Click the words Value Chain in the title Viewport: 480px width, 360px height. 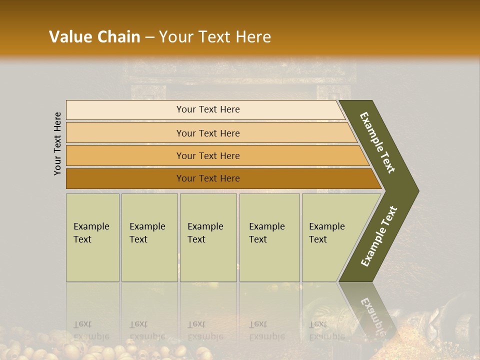(x=94, y=37)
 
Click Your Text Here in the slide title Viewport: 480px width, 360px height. (x=215, y=37)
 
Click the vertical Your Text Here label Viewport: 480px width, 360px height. (x=57, y=143)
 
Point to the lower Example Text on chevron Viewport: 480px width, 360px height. (x=379, y=236)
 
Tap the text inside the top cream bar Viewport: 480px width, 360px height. (x=208, y=109)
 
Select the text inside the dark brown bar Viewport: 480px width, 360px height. (x=208, y=178)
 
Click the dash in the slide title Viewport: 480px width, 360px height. (x=149, y=37)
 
